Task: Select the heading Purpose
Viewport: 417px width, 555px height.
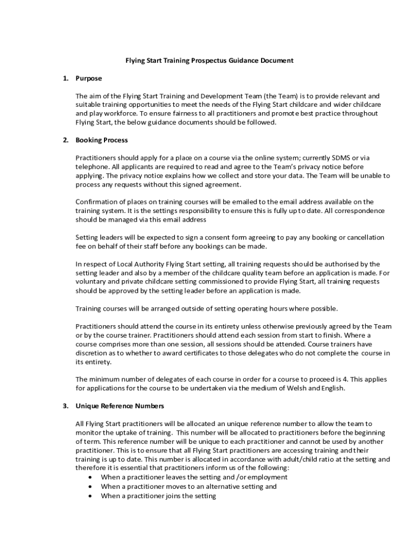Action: tap(89, 79)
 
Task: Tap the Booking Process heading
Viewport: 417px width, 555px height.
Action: tap(102, 140)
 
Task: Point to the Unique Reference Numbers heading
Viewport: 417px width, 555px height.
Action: tap(120, 406)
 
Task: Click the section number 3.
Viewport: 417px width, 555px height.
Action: tap(66, 406)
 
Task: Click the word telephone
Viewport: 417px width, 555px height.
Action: tap(93, 167)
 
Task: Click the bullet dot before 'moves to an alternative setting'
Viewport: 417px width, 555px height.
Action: tap(90, 487)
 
